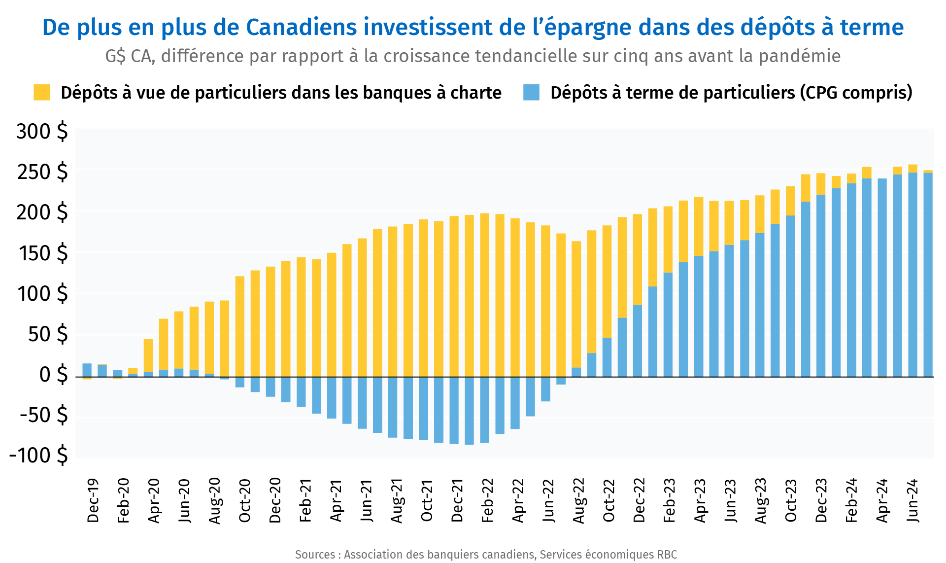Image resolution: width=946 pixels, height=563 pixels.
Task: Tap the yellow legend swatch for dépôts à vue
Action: tap(41, 92)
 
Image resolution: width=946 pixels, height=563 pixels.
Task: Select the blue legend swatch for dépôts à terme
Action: tap(531, 92)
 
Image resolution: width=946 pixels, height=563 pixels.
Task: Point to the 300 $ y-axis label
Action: tap(42, 132)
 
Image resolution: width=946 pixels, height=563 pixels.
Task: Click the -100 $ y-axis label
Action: tap(38, 455)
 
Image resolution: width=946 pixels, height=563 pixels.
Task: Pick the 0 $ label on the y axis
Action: tap(53, 375)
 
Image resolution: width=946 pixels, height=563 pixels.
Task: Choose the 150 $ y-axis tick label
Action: tap(42, 253)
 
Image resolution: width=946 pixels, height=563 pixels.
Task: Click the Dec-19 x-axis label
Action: tap(93, 500)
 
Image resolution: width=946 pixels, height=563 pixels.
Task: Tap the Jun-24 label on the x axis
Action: tap(912, 500)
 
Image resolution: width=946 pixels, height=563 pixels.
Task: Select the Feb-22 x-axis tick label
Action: tap(487, 500)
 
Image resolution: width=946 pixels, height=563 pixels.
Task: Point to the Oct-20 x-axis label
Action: tap(244, 500)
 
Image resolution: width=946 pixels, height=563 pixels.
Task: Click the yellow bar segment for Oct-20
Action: tap(240, 325)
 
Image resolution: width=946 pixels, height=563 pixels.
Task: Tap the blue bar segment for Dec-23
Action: tap(821, 286)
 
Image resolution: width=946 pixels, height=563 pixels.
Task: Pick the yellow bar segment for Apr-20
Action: tap(148, 355)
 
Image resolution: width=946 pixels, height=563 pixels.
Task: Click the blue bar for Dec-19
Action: tap(87, 370)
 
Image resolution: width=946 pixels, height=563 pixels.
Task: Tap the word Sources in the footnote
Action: tap(315, 555)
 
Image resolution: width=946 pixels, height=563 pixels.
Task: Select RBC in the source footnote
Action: tap(667, 555)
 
